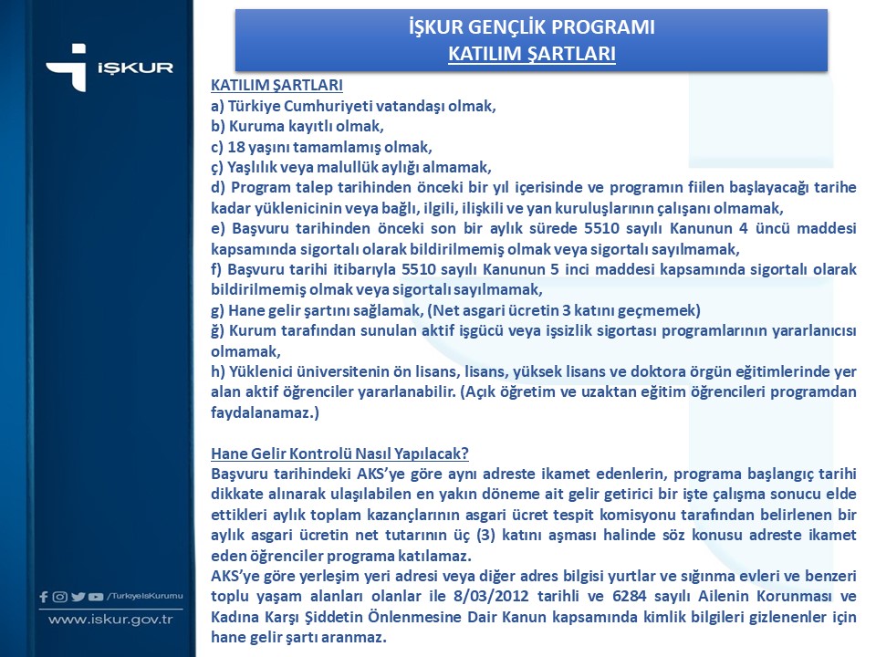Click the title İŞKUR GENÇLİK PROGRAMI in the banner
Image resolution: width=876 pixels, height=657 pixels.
pyautogui.click(x=531, y=27)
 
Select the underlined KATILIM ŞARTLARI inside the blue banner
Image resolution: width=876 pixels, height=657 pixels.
pyautogui.click(x=531, y=54)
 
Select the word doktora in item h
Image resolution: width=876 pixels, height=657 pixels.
pyautogui.click(x=649, y=370)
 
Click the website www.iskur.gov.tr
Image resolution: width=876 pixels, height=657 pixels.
pyautogui.click(x=110, y=620)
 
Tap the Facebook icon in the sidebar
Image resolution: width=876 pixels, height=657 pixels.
pyautogui.click(x=44, y=597)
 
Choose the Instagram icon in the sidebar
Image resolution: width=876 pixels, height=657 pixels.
pyautogui.click(x=60, y=597)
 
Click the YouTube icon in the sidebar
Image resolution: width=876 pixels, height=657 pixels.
pyautogui.click(x=96, y=597)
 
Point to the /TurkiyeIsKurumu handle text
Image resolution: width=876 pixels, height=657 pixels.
pyautogui.click(x=145, y=596)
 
